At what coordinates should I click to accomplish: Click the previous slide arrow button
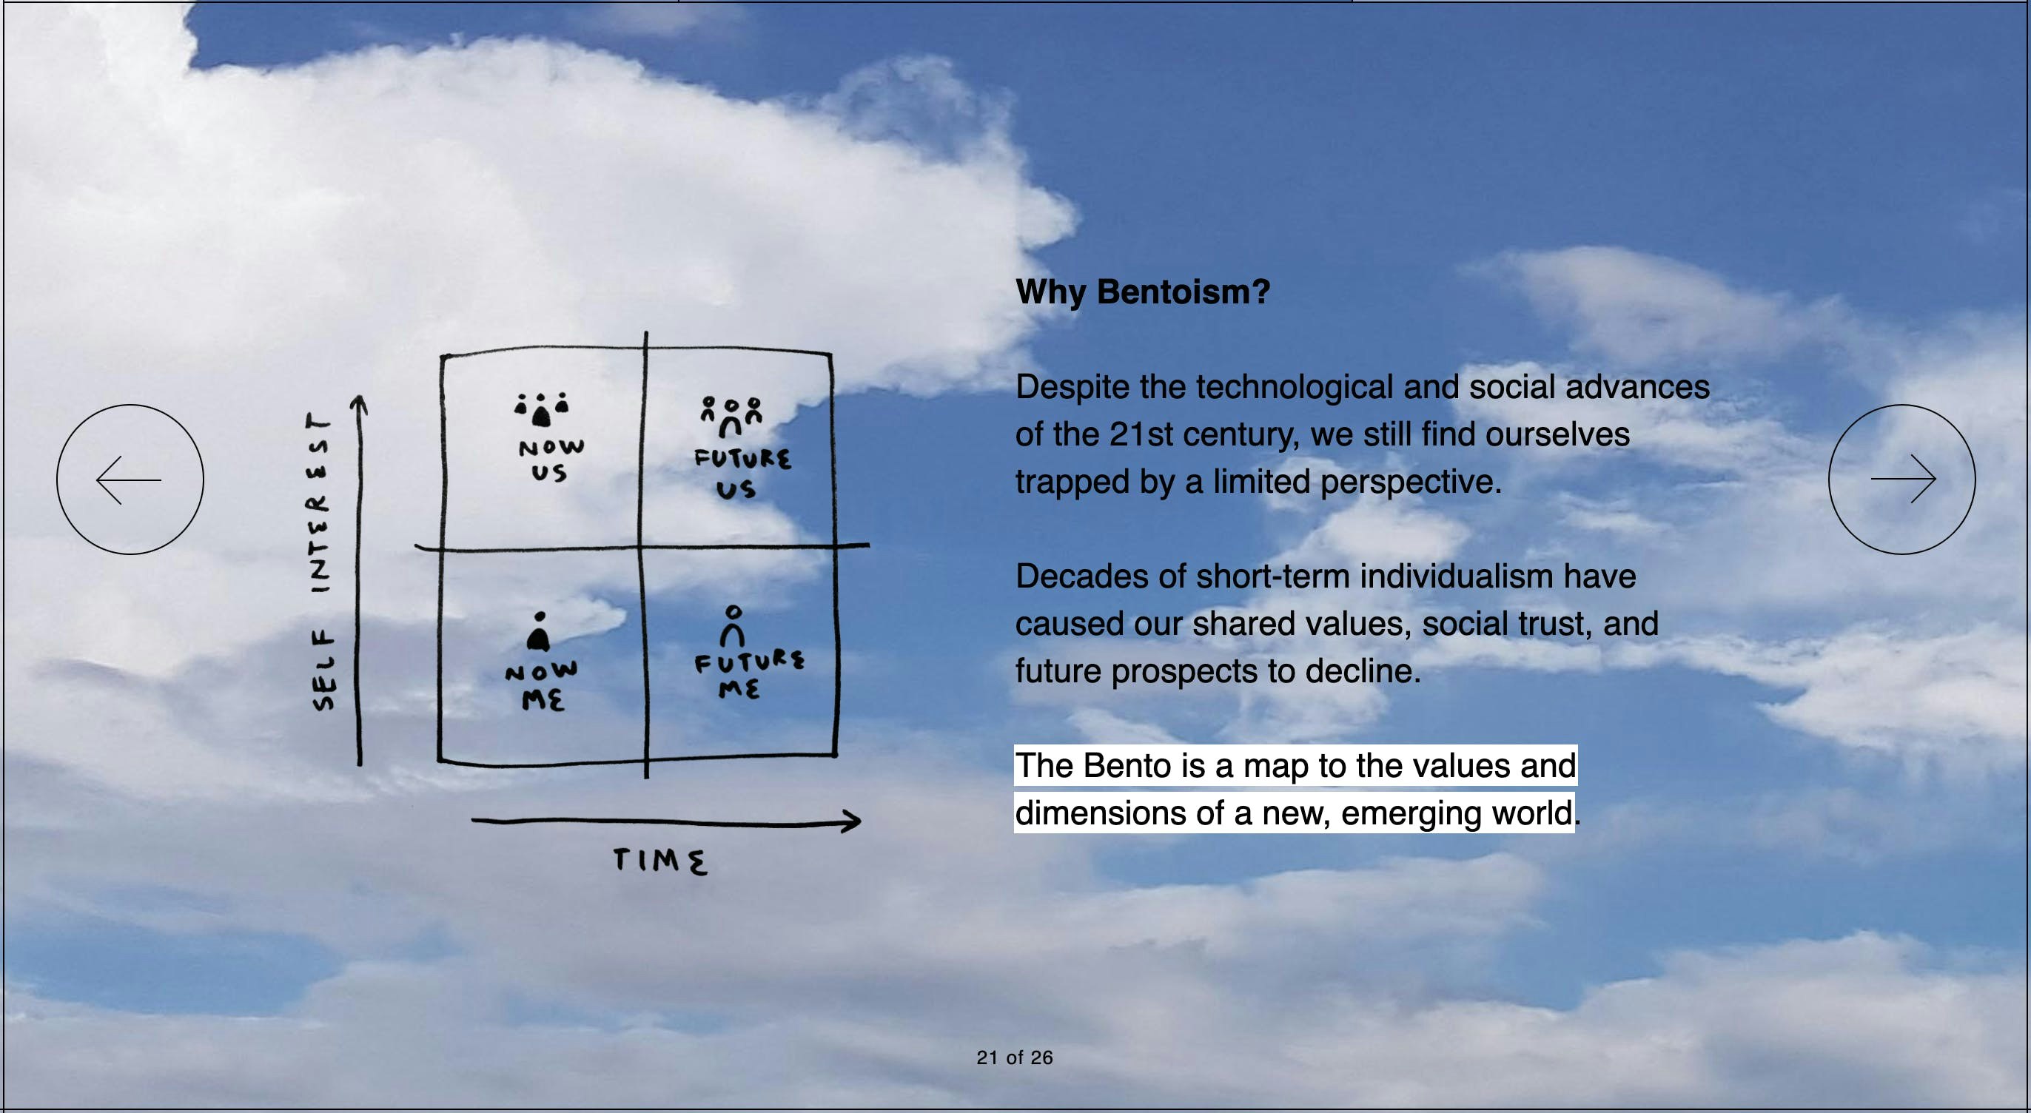(130, 480)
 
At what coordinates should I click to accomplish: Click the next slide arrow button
(1901, 480)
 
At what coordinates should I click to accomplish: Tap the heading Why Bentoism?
(1143, 292)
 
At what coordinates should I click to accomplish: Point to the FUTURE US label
(741, 474)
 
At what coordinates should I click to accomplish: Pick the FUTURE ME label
(748, 675)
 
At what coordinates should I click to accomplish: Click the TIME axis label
(661, 861)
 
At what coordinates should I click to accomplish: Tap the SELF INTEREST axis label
(322, 561)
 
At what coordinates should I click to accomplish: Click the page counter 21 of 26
(1014, 1057)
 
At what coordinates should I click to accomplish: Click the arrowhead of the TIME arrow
(851, 821)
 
